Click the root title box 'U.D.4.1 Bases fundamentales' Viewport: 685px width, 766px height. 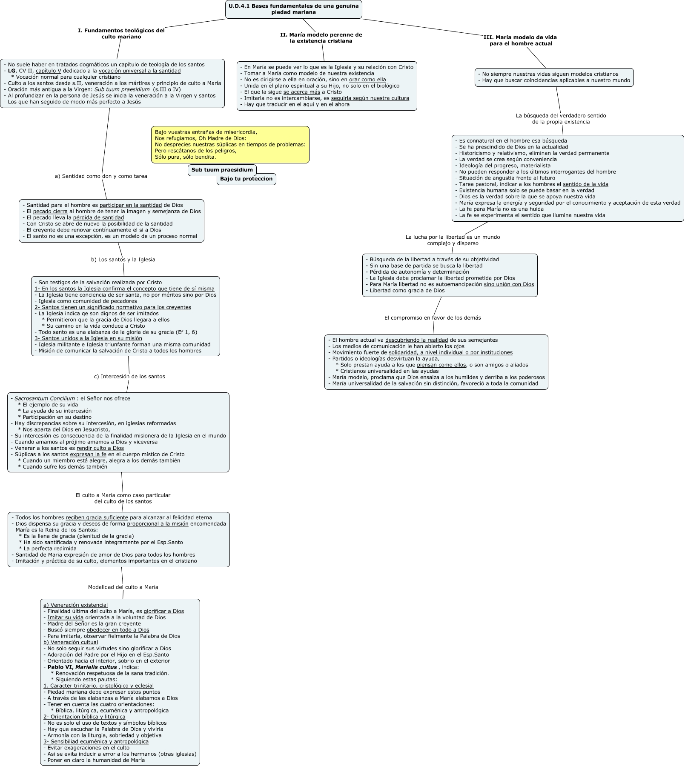click(x=293, y=9)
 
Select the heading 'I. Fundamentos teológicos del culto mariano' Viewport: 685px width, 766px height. click(x=121, y=34)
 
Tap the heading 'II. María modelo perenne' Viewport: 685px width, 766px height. click(x=321, y=38)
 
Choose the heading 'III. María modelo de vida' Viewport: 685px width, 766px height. click(x=520, y=40)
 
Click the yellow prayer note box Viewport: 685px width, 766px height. click(x=230, y=144)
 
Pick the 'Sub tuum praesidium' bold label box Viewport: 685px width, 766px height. click(x=222, y=170)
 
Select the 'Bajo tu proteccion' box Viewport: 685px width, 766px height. click(x=246, y=179)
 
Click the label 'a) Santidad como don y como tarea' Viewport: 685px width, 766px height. click(x=101, y=176)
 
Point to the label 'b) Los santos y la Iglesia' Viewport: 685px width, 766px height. click(x=123, y=260)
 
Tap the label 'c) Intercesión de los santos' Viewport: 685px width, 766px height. click(x=129, y=377)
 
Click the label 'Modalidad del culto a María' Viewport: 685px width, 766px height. click(x=123, y=587)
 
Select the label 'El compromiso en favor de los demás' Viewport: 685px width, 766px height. click(x=433, y=318)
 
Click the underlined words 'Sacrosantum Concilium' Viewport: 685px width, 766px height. click(x=45, y=399)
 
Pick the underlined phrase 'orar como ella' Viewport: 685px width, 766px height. click(x=367, y=80)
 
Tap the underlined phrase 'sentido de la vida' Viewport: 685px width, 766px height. click(x=585, y=184)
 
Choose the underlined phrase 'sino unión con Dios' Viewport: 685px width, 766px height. click(x=509, y=284)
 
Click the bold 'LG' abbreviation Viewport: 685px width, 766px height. click(x=11, y=71)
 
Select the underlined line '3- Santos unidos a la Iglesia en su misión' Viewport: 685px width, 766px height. click(x=89, y=338)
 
